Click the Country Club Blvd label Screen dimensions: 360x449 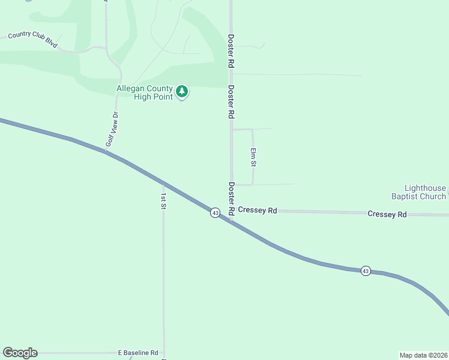[x=32, y=40]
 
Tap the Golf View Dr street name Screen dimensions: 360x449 [x=111, y=129]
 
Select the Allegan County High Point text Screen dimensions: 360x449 [x=144, y=93]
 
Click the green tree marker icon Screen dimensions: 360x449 [x=182, y=92]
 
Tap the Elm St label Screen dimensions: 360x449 [x=253, y=157]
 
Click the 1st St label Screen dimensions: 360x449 [x=163, y=200]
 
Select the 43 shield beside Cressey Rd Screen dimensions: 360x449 [x=215, y=212]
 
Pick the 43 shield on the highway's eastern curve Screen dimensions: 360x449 [x=366, y=271]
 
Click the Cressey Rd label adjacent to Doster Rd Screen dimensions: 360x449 [x=257, y=210]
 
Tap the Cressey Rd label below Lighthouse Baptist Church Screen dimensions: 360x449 [x=387, y=214]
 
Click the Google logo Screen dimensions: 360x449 [x=20, y=353]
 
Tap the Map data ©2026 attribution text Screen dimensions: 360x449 [x=423, y=355]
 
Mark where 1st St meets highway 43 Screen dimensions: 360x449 [x=163, y=184]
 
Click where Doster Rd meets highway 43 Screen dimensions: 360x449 [x=231, y=219]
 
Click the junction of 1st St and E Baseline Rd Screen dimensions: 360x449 [x=164, y=353]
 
